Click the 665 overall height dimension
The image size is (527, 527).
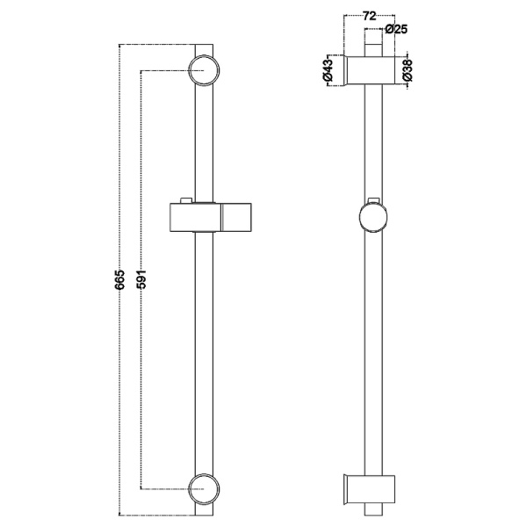tap(119, 279)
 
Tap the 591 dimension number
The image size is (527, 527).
tap(141, 279)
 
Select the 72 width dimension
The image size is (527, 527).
tap(369, 16)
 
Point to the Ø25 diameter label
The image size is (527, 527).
tap(397, 29)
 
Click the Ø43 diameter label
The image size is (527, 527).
tap(328, 70)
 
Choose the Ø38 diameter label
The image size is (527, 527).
tap(407, 70)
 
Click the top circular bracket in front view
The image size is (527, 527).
tap(204, 70)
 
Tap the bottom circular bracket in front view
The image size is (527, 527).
tap(204, 489)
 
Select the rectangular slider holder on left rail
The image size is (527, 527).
tap(211, 218)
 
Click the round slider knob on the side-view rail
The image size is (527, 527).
tap(373, 217)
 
